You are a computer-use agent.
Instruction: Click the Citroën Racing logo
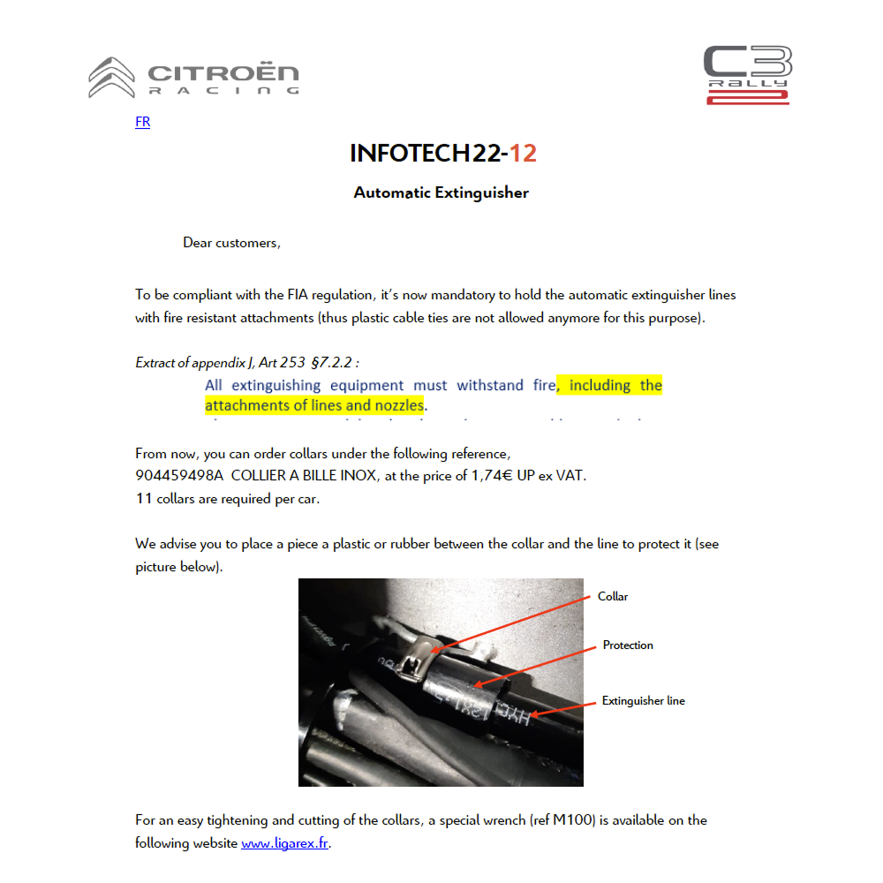pos(193,78)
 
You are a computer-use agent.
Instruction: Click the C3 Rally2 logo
pos(747,75)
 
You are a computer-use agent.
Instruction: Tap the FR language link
pos(142,122)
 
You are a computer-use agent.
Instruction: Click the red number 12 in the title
pos(523,154)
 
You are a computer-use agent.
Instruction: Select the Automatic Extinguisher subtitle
pos(441,192)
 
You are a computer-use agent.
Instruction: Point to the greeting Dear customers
pos(231,242)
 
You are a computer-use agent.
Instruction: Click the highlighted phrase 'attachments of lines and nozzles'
pos(314,406)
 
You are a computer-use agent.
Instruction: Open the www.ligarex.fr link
pos(284,843)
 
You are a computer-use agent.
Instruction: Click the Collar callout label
pos(613,597)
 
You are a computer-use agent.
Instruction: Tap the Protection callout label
pos(628,645)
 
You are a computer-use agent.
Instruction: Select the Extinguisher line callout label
pos(643,701)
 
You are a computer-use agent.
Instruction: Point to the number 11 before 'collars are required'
pos(144,499)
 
